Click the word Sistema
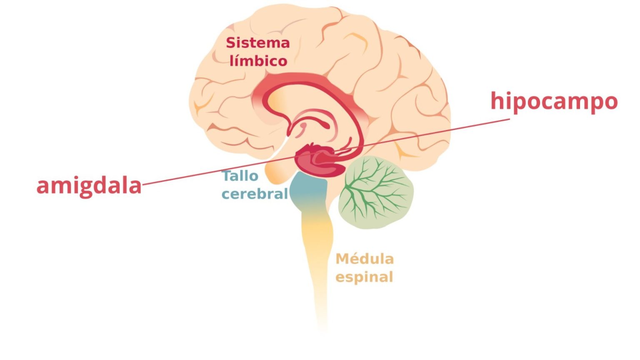click(x=257, y=43)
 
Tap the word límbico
click(x=258, y=61)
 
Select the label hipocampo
click(x=554, y=102)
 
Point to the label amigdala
click(x=89, y=186)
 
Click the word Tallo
click(x=240, y=176)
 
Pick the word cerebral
click(x=255, y=194)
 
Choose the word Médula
click(x=365, y=259)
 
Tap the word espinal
click(x=364, y=277)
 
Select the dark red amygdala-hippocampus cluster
click(x=319, y=161)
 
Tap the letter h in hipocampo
click(x=496, y=101)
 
